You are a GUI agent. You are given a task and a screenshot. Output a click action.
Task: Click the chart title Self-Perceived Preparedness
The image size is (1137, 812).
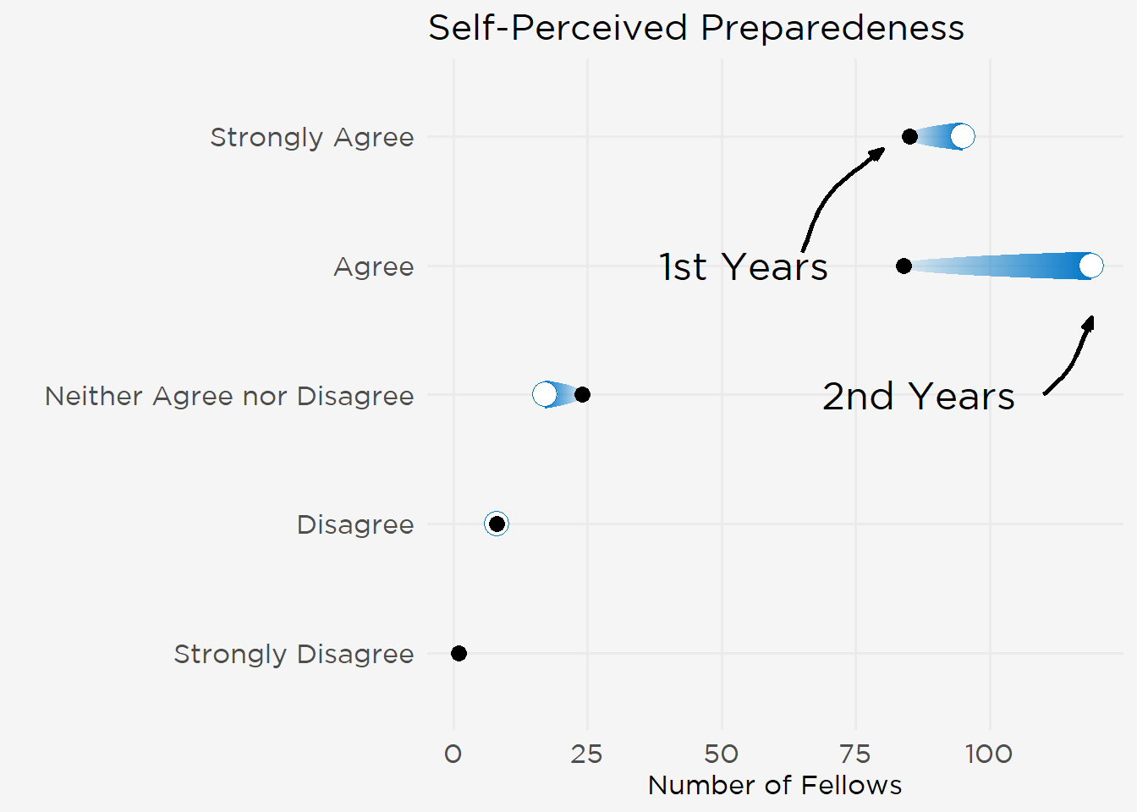pyautogui.click(x=695, y=28)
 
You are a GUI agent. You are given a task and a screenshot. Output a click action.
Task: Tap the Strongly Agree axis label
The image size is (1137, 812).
pyautogui.click(x=311, y=137)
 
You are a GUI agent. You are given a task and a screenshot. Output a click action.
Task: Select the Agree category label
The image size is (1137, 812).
pyautogui.click(x=373, y=266)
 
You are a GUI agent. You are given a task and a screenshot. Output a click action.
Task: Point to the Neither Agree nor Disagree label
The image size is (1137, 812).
pyautogui.click(x=229, y=396)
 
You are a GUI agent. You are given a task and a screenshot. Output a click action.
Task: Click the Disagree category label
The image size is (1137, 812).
pyautogui.click(x=354, y=524)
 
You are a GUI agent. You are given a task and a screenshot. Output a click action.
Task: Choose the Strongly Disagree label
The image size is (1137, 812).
pyautogui.click(x=294, y=654)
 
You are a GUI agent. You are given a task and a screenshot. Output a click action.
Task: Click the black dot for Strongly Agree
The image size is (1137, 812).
pyautogui.click(x=909, y=136)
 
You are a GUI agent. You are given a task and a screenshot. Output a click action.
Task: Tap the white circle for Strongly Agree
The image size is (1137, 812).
pyautogui.click(x=962, y=136)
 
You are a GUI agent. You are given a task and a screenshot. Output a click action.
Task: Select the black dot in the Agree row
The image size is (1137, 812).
pyautogui.click(x=904, y=266)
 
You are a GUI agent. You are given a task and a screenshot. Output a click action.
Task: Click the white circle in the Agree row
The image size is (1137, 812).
pyautogui.click(x=1091, y=266)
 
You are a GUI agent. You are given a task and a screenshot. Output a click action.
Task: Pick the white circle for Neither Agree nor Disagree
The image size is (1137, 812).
pyautogui.click(x=545, y=394)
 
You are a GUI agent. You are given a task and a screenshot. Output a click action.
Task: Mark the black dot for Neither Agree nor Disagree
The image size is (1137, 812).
pyautogui.click(x=582, y=394)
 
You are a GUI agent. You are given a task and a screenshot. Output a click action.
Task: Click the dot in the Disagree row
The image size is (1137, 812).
pyautogui.click(x=497, y=524)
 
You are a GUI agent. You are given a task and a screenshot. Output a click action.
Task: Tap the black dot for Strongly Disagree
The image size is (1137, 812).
pyautogui.click(x=459, y=653)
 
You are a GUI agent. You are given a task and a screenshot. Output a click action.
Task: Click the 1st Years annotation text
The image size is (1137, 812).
pyautogui.click(x=743, y=267)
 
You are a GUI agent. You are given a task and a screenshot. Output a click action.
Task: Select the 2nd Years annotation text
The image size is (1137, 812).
pyautogui.click(x=918, y=397)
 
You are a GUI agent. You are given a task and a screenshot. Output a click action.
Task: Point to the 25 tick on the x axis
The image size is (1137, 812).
pyautogui.click(x=586, y=754)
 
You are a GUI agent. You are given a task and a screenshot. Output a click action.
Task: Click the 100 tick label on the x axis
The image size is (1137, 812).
pyautogui.click(x=988, y=754)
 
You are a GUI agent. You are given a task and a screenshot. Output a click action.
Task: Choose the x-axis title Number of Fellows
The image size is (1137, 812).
pyautogui.click(x=774, y=786)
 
